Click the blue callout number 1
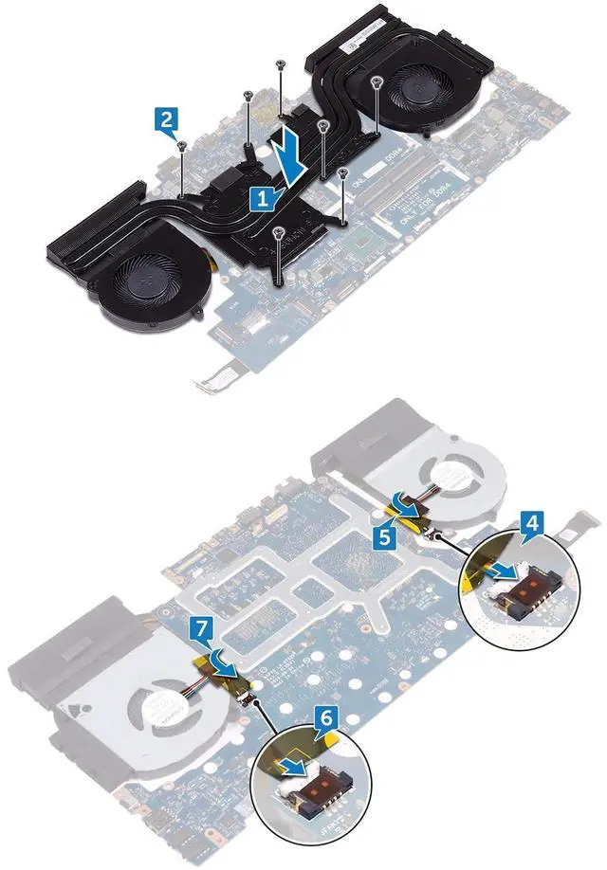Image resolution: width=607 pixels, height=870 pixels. click(262, 198)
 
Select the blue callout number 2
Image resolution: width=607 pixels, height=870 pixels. click(166, 119)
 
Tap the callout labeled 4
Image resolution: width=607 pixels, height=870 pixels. click(534, 522)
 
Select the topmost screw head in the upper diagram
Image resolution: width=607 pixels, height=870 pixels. click(282, 63)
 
